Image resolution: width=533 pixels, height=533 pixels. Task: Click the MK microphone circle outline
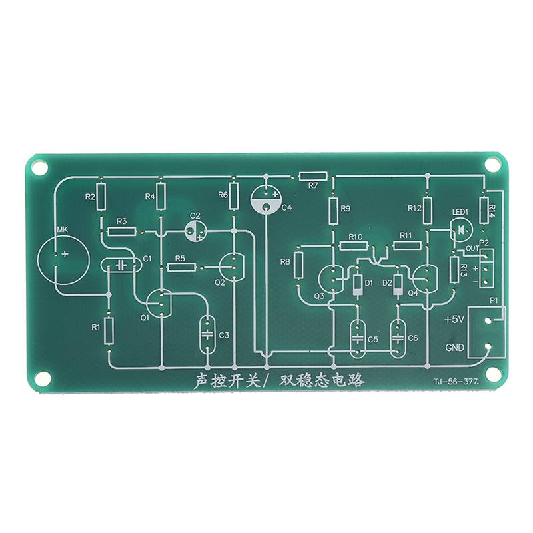tap(64, 256)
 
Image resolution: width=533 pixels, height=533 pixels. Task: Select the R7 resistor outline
tap(313, 177)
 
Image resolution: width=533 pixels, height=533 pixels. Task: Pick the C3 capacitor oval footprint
tap(207, 333)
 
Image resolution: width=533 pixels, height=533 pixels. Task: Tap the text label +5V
tap(454, 320)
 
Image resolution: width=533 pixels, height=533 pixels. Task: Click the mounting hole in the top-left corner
tap(39, 167)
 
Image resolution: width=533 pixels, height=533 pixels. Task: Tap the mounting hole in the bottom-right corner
tap(494, 378)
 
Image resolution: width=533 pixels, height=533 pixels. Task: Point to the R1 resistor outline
tap(109, 330)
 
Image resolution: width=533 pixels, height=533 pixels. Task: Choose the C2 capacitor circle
tap(195, 231)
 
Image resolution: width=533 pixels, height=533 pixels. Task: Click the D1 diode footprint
tap(358, 285)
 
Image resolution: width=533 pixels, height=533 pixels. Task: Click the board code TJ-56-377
tap(456, 382)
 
